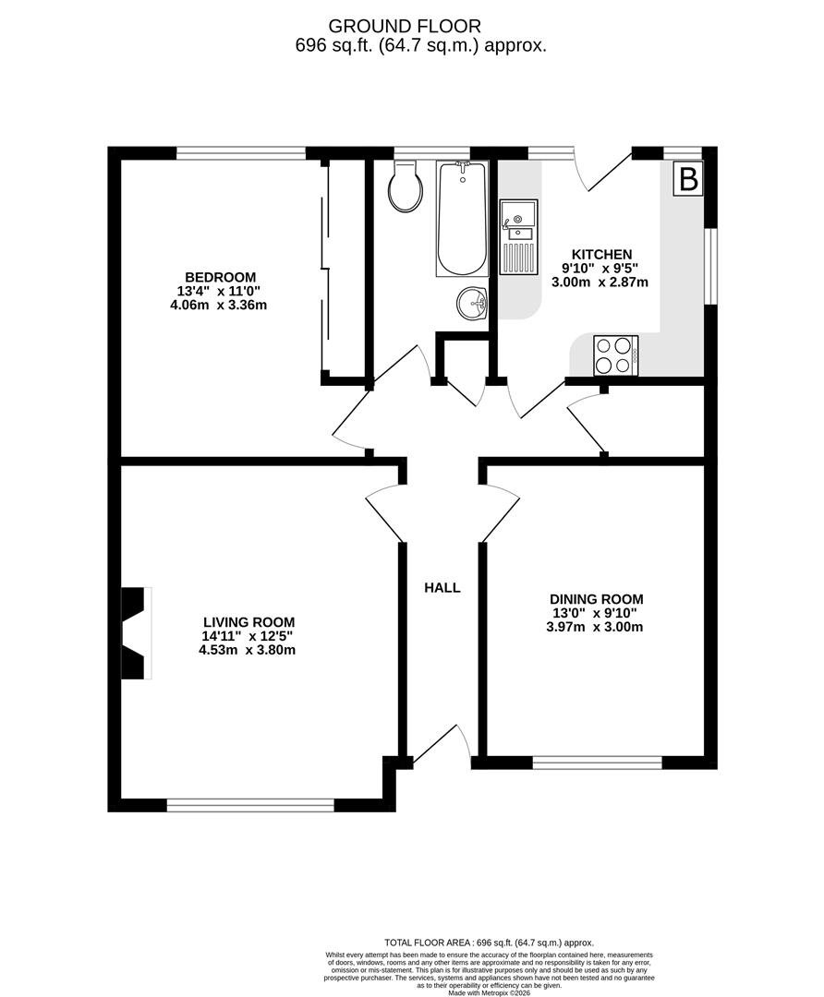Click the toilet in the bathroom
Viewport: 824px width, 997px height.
[406, 186]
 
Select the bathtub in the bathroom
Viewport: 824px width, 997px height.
[463, 218]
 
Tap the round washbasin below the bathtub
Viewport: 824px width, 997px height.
[471, 304]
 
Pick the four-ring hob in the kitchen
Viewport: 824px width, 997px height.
[615, 354]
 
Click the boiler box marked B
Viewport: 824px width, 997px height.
[688, 179]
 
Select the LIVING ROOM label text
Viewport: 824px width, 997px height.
[248, 622]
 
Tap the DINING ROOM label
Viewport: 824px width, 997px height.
[596, 599]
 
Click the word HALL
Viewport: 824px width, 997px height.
[442, 588]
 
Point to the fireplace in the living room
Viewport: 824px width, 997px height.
[136, 633]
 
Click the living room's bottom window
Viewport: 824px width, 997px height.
[250, 806]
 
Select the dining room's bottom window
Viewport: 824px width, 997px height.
[598, 763]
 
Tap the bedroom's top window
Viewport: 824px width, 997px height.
[241, 153]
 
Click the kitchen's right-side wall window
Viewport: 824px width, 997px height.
[711, 267]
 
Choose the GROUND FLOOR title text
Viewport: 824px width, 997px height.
[405, 26]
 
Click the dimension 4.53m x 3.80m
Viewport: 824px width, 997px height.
[248, 651]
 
